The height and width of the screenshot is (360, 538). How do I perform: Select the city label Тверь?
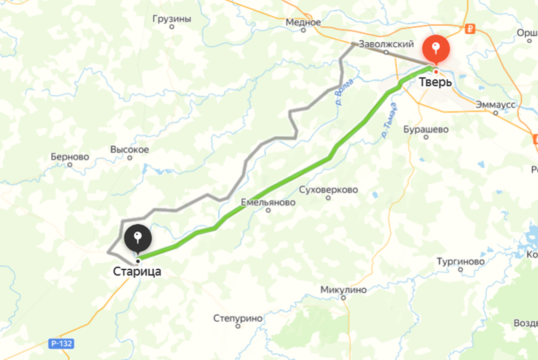(x=436, y=82)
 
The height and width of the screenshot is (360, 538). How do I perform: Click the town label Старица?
(x=137, y=272)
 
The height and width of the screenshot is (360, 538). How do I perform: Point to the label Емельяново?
(x=268, y=203)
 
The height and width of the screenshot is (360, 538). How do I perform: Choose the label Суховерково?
(x=329, y=190)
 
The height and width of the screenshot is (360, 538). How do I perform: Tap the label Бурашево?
(x=426, y=129)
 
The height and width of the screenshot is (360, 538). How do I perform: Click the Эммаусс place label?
(x=496, y=104)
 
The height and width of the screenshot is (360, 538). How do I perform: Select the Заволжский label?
(x=386, y=44)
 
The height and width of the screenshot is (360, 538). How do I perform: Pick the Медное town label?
(x=303, y=22)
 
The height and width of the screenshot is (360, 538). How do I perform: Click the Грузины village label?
(x=172, y=19)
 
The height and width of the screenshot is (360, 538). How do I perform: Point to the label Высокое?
(x=130, y=149)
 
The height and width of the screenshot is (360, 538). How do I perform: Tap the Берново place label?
(x=70, y=157)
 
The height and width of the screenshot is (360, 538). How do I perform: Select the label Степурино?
(x=238, y=318)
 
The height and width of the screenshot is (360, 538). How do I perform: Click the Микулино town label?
(x=343, y=290)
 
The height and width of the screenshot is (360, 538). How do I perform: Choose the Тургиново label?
(x=460, y=261)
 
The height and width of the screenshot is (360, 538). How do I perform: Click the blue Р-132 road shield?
(x=61, y=344)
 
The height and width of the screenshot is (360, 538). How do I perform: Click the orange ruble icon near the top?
(x=470, y=29)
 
